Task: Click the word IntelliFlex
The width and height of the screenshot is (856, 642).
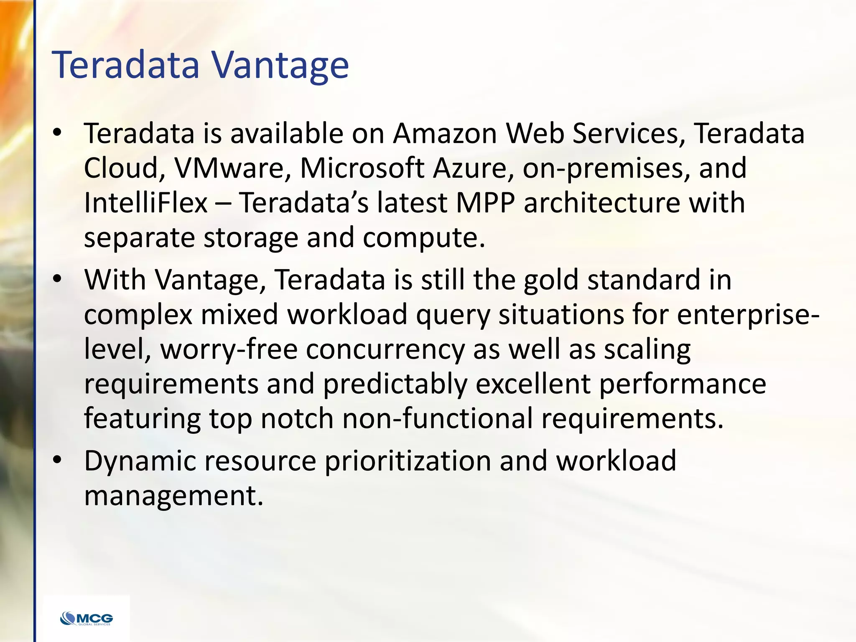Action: pyautogui.click(x=146, y=203)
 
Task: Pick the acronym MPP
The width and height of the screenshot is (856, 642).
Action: pyautogui.click(x=485, y=203)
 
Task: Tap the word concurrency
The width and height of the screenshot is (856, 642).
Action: pyautogui.click(x=385, y=349)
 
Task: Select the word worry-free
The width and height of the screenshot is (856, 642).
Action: pyautogui.click(x=229, y=349)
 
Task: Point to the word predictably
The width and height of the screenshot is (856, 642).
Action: pyautogui.click(x=395, y=384)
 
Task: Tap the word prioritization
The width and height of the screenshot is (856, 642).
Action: pyautogui.click(x=408, y=461)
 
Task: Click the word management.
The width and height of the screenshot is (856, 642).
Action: pyautogui.click(x=174, y=496)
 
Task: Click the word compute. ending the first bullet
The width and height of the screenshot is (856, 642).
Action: pyautogui.click(x=424, y=238)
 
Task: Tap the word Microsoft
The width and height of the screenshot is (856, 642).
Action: pyautogui.click(x=362, y=168)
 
